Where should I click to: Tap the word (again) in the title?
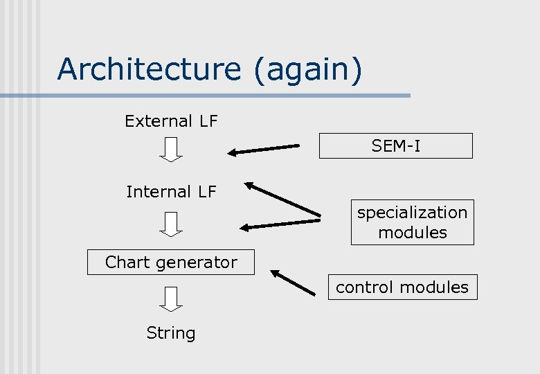[307, 71]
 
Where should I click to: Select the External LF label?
[171, 121]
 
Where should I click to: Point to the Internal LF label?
[171, 192]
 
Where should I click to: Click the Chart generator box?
[171, 262]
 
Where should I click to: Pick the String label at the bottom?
[171, 333]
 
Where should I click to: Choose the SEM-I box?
[395, 146]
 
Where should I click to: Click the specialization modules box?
[412, 222]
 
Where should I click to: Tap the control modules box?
[402, 287]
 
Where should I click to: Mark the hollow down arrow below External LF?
[171, 150]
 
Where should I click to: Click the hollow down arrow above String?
[171, 299]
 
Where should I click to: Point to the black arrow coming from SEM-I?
[264, 149]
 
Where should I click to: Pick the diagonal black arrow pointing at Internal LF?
[282, 199]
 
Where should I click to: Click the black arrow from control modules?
[294, 283]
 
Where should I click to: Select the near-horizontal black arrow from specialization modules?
[280, 224]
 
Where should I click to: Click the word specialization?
[412, 213]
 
